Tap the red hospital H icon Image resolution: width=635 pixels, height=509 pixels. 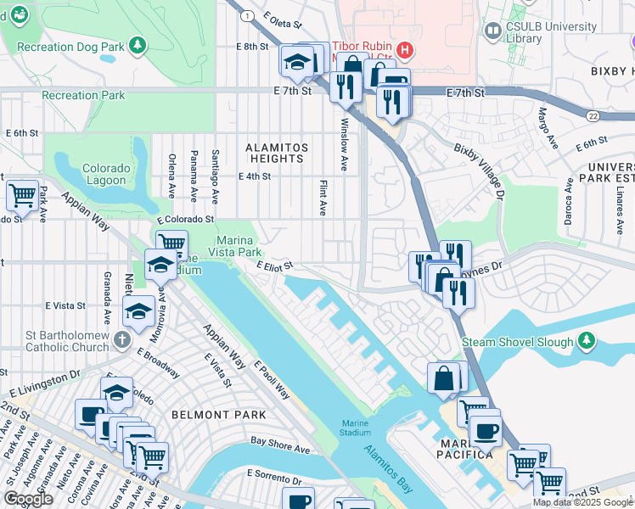[x=406, y=50]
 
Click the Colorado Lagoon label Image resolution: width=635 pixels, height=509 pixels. [x=106, y=174]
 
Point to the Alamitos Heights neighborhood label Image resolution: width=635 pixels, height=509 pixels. [x=275, y=153]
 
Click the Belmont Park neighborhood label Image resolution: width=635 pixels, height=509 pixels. [x=218, y=415]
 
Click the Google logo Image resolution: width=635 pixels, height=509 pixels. [x=28, y=499]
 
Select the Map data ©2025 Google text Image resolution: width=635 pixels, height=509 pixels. [x=582, y=502]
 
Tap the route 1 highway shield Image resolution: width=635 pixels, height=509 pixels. [x=246, y=16]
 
